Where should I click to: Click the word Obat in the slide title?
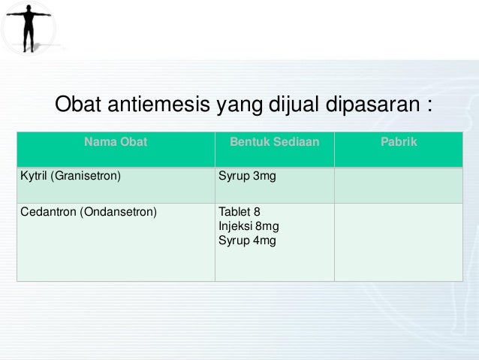pyautogui.click(x=77, y=104)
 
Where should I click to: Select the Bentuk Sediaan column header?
pyautogui.click(x=274, y=141)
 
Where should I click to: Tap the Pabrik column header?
pyautogui.click(x=398, y=141)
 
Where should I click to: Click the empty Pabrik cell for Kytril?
pyautogui.click(x=398, y=186)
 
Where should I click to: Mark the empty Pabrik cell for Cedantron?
pyautogui.click(x=398, y=242)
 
